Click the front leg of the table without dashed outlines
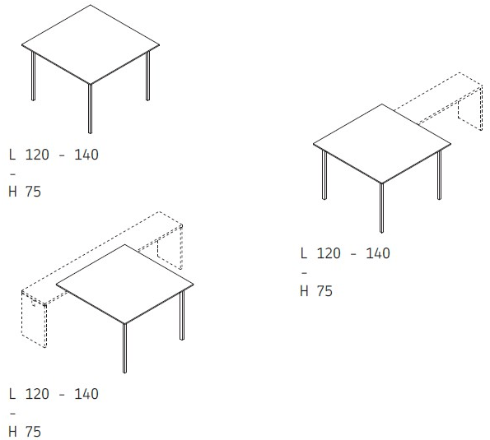click(90, 109)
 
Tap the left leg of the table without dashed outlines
click(33, 76)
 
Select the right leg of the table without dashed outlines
click(147, 76)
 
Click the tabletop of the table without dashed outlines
click(91, 44)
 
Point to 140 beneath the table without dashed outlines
click(86, 155)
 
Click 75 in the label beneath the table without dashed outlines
click(33, 192)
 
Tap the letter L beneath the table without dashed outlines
click(12, 155)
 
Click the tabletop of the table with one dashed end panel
click(382, 144)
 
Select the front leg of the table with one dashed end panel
click(381, 208)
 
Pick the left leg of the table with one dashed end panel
click(324, 174)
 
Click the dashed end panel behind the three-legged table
click(470, 108)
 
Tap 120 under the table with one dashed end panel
click(329, 253)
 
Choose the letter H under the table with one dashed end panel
click(304, 291)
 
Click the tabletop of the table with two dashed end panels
click(124, 284)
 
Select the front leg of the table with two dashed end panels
click(124, 348)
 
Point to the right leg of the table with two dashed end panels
click(182, 315)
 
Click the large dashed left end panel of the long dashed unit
click(34, 319)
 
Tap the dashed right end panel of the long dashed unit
click(170, 248)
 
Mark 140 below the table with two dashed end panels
click(86, 394)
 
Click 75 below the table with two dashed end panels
click(33, 432)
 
